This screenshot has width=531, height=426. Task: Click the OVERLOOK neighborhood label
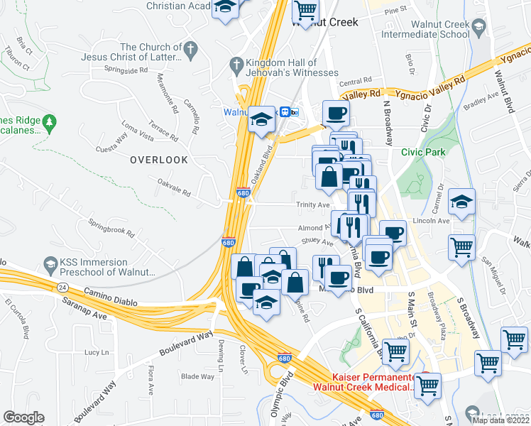click(x=159, y=160)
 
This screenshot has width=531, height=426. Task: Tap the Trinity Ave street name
click(x=313, y=204)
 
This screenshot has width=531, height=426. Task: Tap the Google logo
click(x=23, y=417)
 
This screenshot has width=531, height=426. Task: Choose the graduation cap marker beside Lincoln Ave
click(x=461, y=203)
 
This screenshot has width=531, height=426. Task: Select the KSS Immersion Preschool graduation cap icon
click(x=50, y=267)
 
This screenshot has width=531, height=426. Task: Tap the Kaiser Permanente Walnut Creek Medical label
click(x=364, y=382)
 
